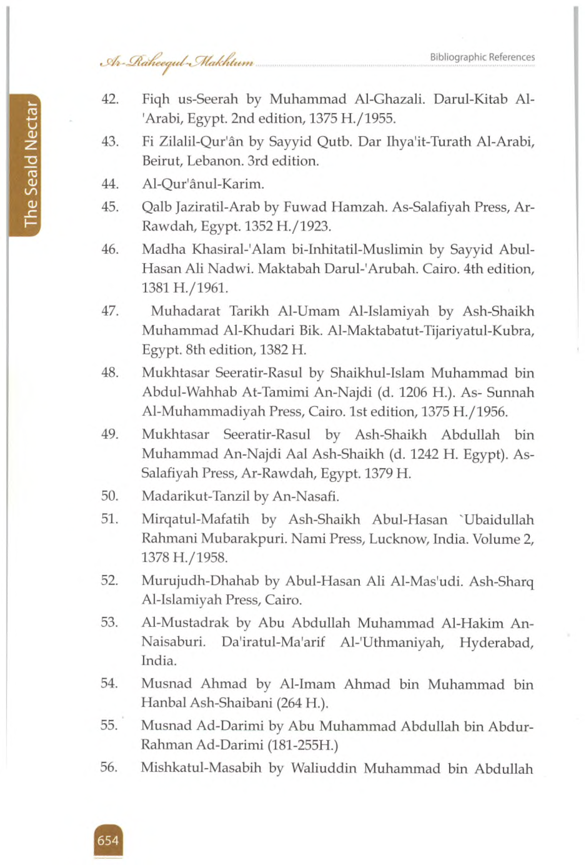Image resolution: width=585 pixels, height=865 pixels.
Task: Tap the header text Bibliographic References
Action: [482, 57]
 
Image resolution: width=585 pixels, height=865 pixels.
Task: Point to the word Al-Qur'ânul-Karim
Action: [203, 184]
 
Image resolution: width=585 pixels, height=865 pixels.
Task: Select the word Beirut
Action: [161, 161]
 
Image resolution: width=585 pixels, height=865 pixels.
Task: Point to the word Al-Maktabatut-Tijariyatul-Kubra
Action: [431, 330]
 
